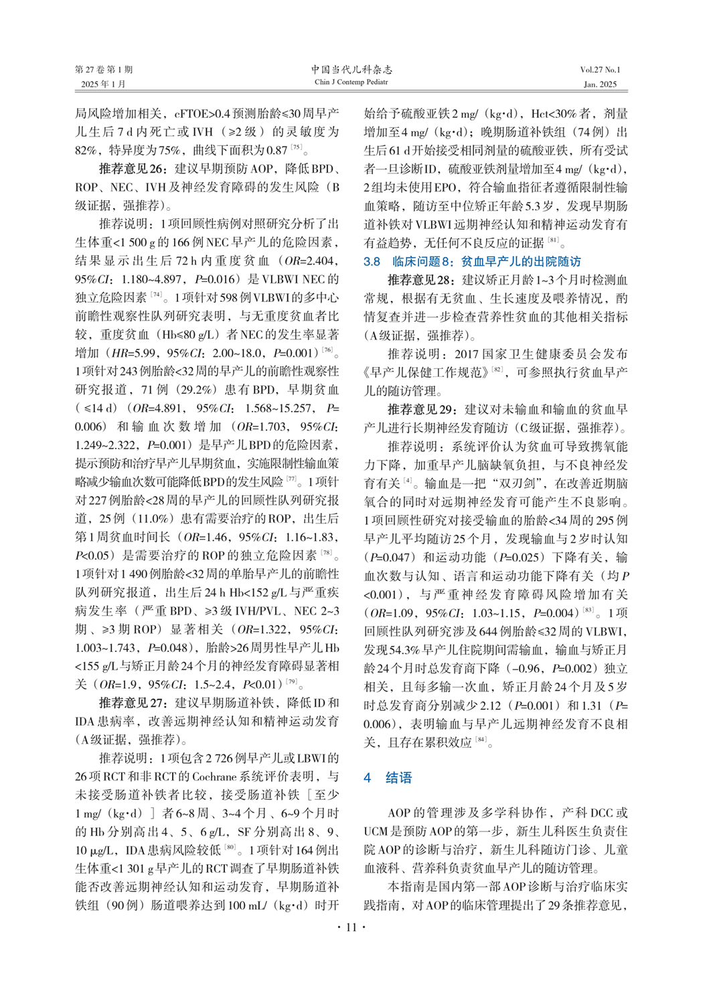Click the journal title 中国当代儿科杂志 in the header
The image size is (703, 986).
pyautogui.click(x=351, y=69)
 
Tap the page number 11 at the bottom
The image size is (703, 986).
pyautogui.click(x=351, y=927)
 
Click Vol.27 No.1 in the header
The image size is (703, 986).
pyautogui.click(x=600, y=70)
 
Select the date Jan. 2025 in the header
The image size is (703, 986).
pyautogui.click(x=600, y=84)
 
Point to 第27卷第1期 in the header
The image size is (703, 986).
pyautogui.click(x=104, y=70)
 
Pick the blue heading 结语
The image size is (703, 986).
pyautogui.click(x=398, y=777)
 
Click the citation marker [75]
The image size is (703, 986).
pyautogui.click(x=296, y=148)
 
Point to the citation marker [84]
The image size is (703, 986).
pyautogui.click(x=481, y=740)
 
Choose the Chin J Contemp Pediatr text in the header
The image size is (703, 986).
pyautogui.click(x=351, y=82)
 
